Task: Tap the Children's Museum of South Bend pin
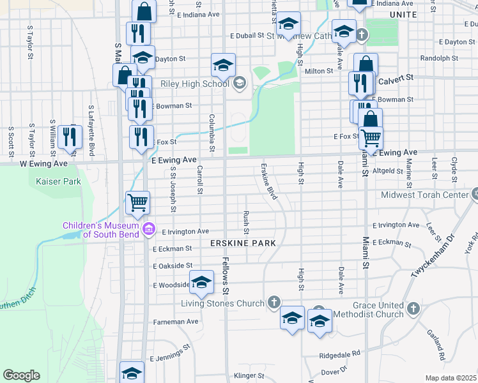coord(149,228)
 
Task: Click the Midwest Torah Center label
coord(425,195)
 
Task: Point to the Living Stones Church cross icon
coord(274,302)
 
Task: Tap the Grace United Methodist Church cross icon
coord(413,309)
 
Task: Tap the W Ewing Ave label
coord(43,164)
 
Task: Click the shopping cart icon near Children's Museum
coord(138,202)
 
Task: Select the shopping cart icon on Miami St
coord(370,137)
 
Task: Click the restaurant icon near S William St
coord(70,137)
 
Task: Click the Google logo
coord(21,375)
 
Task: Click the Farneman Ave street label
coord(175,322)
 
